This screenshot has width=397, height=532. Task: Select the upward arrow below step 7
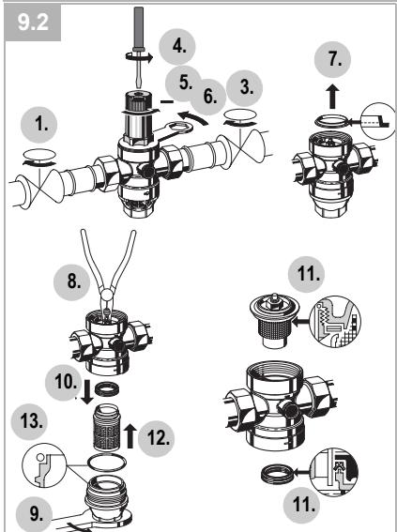tap(330, 97)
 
